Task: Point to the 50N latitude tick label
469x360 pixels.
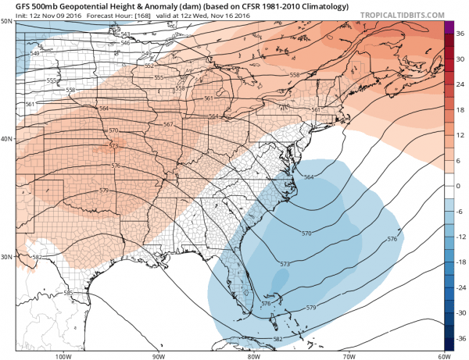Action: tap(5, 20)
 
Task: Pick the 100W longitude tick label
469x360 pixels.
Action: tap(64, 355)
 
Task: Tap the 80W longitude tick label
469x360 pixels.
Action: tap(253, 355)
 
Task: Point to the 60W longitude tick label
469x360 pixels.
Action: tap(441, 355)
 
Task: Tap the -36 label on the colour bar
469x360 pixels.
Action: tap(460, 340)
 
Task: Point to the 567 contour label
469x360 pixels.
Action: tap(168, 125)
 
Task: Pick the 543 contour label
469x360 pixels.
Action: tap(125, 34)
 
